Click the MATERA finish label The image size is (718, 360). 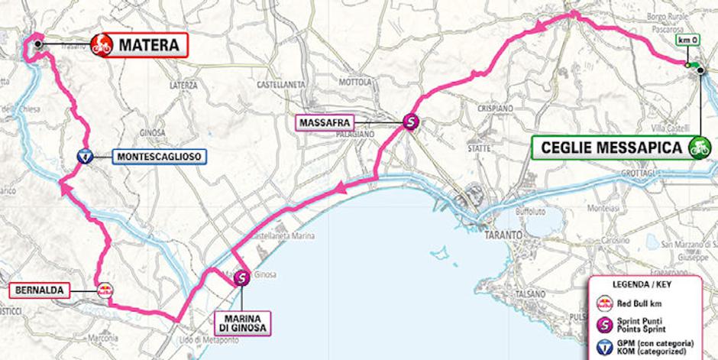(149, 45)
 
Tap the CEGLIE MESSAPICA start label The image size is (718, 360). (610, 147)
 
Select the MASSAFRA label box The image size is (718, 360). (325, 122)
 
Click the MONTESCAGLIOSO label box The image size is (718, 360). (159, 157)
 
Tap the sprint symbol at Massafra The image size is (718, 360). (411, 121)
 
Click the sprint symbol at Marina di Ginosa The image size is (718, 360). (241, 279)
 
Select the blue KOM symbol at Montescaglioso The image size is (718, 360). (86, 157)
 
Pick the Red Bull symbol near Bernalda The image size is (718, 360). (103, 290)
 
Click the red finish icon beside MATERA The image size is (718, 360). (101, 45)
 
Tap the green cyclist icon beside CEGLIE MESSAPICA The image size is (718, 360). (697, 147)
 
